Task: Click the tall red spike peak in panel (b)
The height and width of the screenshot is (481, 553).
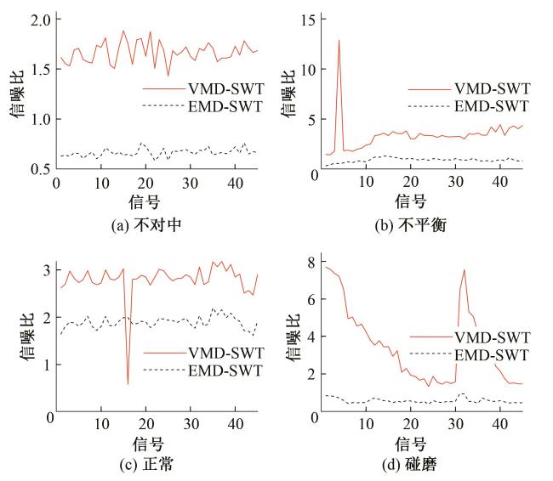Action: click(339, 40)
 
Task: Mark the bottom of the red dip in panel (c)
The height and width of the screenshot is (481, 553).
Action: click(128, 384)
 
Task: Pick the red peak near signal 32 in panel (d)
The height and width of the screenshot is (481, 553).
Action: click(464, 270)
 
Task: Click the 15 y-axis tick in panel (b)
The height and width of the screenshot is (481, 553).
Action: click(309, 19)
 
